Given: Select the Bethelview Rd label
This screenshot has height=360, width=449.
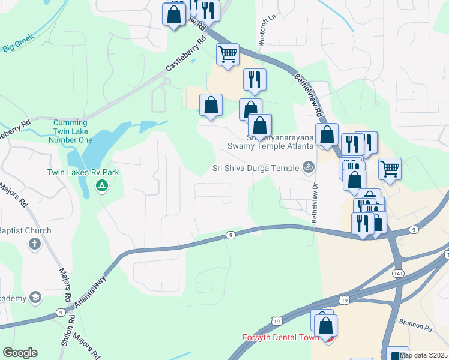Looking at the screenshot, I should point(309,95).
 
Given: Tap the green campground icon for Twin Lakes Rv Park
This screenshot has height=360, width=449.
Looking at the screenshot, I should point(102,187).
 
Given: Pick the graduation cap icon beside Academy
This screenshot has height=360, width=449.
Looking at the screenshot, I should point(35,298).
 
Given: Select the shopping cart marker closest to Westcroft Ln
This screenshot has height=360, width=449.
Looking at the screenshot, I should point(228,54).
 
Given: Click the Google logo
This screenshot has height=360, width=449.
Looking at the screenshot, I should point(20,353).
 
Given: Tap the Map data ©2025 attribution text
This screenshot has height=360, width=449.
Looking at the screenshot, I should point(423,355).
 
